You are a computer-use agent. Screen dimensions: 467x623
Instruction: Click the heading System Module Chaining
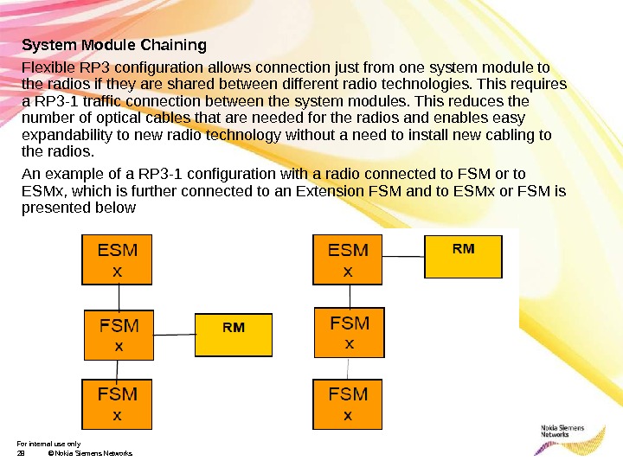[x=114, y=44]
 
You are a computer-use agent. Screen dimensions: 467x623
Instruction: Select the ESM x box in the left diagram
[x=118, y=260]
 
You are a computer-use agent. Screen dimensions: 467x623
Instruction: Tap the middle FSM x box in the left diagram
[x=119, y=335]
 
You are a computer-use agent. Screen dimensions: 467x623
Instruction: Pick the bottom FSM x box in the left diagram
[x=118, y=403]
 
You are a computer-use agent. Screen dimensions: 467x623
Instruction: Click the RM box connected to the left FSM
[x=234, y=336]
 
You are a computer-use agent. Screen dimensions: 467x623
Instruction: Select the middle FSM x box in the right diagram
[x=349, y=332]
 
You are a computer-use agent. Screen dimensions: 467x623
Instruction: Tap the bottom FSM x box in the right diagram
[x=348, y=403]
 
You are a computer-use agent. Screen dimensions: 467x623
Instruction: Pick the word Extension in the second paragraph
[x=343, y=191]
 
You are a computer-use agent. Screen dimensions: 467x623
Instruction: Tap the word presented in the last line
[x=55, y=208]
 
